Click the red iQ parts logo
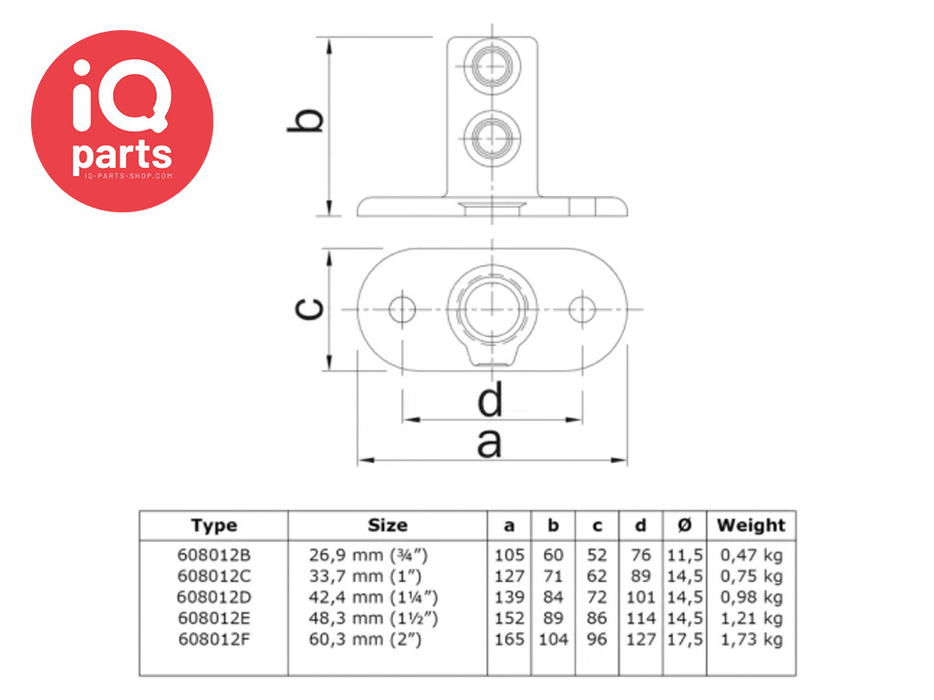(x=122, y=121)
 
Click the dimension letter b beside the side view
(x=306, y=120)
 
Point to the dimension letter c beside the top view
(x=310, y=308)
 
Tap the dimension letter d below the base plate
(x=491, y=399)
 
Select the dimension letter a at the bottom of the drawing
(x=489, y=444)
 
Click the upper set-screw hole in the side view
(x=492, y=66)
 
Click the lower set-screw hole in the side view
(x=492, y=139)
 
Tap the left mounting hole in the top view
(x=402, y=309)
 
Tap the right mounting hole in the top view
(x=582, y=309)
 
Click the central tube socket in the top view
(x=492, y=310)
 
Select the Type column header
(x=214, y=526)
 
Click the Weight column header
(x=752, y=525)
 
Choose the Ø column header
(x=685, y=525)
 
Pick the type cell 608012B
(x=213, y=555)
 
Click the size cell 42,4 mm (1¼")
(x=373, y=597)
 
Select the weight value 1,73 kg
(x=752, y=639)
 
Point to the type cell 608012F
(x=213, y=639)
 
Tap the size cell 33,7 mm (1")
(x=365, y=576)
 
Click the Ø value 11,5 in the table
(x=685, y=555)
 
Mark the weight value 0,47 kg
(x=752, y=555)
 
